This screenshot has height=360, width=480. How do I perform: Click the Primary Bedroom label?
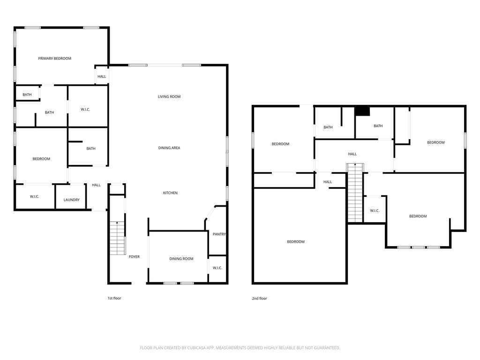[54, 59]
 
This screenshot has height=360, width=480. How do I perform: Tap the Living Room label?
[169, 97]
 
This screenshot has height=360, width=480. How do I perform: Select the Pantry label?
[219, 234]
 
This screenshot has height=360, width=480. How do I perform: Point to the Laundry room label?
[71, 200]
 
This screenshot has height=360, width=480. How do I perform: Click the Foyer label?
[134, 257]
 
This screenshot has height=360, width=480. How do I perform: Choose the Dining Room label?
[181, 259]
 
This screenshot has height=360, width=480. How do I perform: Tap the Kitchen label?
[170, 193]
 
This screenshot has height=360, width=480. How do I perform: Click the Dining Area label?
[169, 148]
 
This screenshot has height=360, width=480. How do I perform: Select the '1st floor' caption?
[114, 298]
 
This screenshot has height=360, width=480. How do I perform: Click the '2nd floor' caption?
[259, 299]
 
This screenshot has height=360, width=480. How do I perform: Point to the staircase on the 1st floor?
[118, 238]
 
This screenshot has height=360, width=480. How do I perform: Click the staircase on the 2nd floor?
[355, 193]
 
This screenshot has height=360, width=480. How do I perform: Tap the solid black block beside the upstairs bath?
[362, 111]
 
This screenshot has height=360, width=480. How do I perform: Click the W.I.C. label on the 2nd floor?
[375, 210]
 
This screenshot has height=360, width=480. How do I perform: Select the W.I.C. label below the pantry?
[217, 268]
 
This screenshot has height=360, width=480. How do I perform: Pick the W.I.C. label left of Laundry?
[34, 196]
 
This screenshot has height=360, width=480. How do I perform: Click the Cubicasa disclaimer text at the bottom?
[240, 348]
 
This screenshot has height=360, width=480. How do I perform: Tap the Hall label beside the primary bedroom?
[102, 76]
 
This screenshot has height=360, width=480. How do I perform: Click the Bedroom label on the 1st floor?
[41, 159]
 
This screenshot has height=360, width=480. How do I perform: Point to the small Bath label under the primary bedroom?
[27, 95]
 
